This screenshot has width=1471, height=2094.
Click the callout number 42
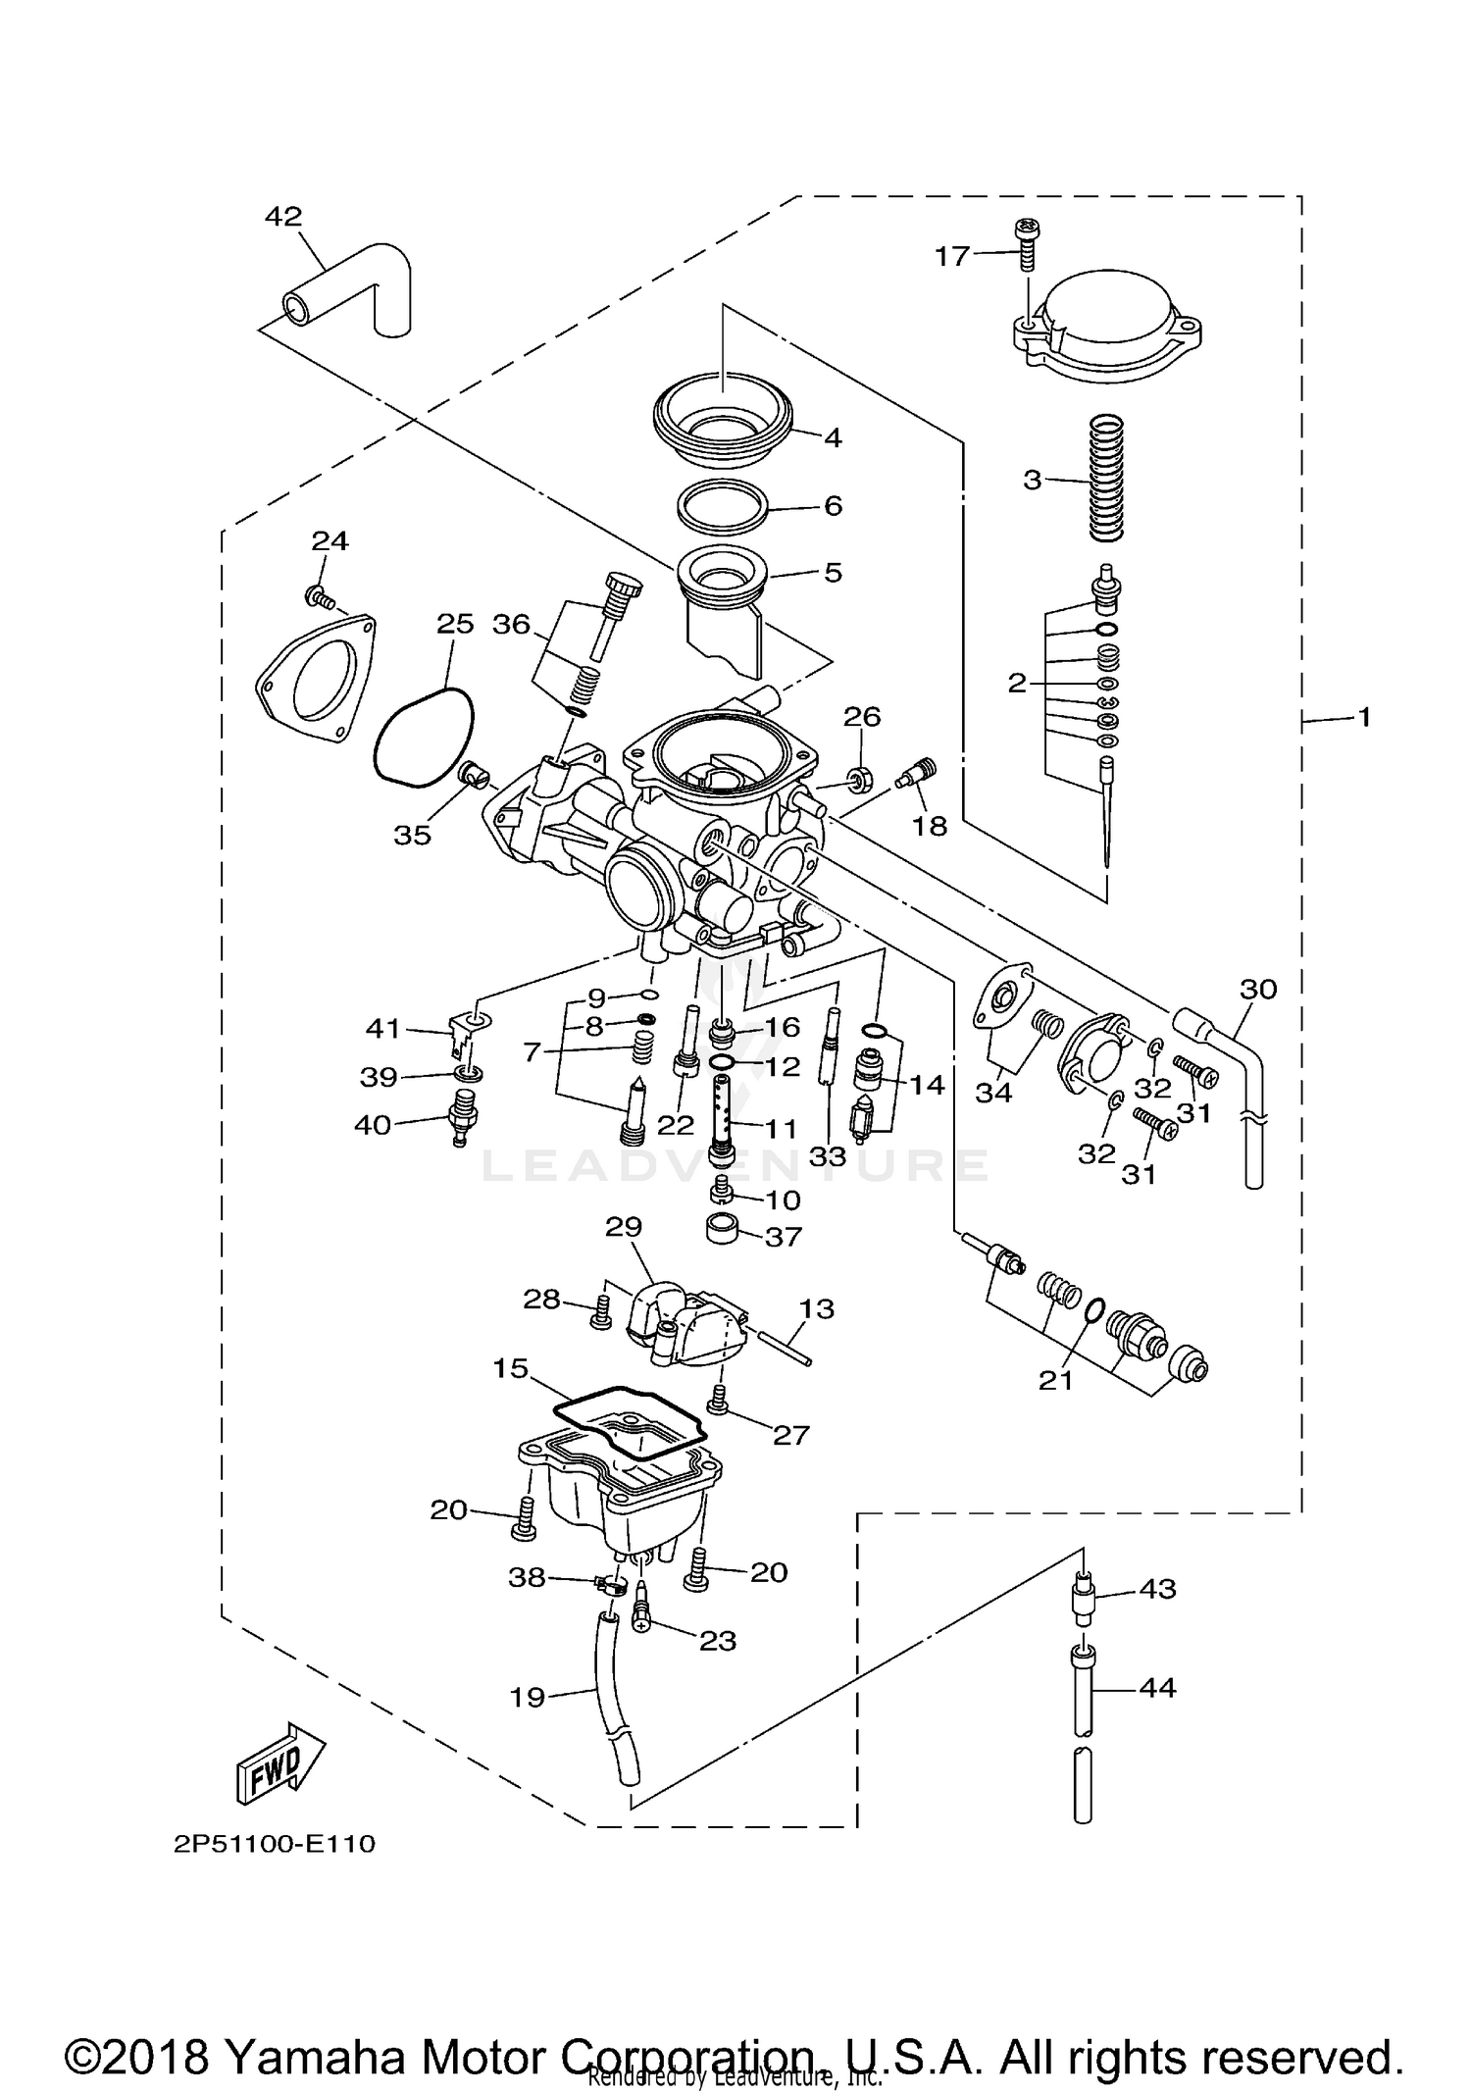pos(283,216)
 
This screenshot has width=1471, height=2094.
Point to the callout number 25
pos(455,624)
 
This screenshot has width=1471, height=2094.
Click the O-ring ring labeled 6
pos(722,506)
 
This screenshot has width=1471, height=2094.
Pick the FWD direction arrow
pos(279,1765)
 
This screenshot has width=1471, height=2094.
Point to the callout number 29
pos(624,1227)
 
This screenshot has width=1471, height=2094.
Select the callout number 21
pos(1056,1380)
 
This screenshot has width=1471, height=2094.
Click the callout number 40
pos(373,1125)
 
